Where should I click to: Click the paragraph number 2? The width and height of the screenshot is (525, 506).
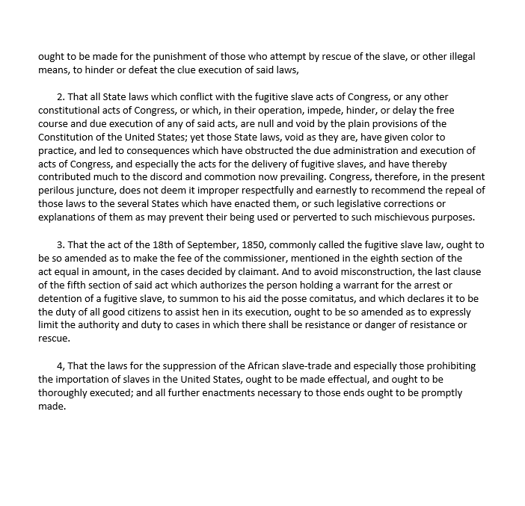pos(61,97)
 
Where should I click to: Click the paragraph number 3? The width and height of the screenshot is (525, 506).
pos(61,245)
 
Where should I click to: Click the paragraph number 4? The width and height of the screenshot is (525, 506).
pos(61,366)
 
